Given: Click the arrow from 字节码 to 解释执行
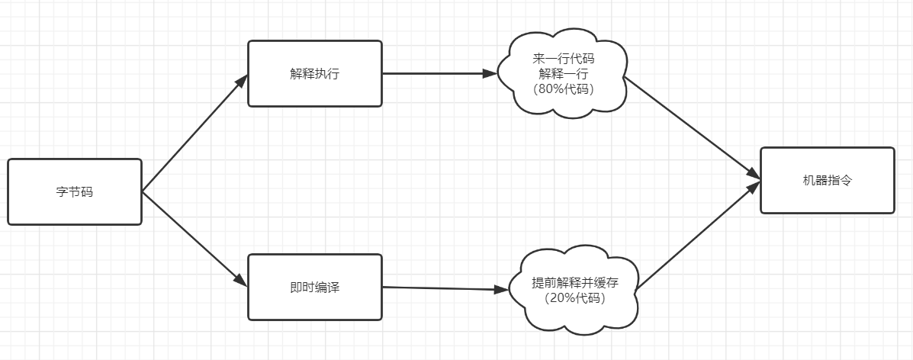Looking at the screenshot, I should point(195,133).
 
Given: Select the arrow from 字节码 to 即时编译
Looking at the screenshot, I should point(195,239).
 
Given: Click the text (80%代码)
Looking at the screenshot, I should point(564,88).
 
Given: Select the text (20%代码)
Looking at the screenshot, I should point(575,298).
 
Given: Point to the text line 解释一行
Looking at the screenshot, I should point(564,74).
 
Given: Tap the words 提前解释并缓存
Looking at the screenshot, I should point(575,283).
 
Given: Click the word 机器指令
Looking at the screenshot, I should point(827,180).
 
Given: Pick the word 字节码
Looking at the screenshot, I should point(75,192).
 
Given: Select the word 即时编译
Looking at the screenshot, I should point(314,287).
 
